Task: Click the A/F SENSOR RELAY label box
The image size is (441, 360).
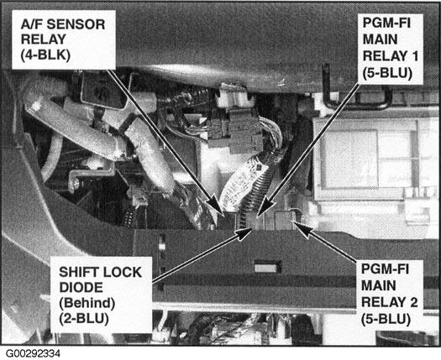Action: coord(64,40)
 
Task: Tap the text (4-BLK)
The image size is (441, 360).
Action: coord(45,55)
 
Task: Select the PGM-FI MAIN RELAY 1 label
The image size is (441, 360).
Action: coord(390,49)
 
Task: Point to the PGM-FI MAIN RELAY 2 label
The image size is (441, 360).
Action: coord(389,295)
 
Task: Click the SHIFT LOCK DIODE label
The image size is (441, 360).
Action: coord(102,295)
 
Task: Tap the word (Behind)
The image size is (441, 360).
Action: coord(87,303)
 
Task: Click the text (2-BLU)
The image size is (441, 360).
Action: coord(84,319)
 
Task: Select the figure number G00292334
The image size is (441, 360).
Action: coord(34,353)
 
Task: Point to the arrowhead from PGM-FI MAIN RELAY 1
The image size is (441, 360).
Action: coord(265,206)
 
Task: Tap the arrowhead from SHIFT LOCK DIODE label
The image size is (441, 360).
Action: coord(243,234)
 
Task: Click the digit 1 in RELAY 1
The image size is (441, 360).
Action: coord(414,55)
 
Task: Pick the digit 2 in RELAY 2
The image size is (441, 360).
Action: coord(413,302)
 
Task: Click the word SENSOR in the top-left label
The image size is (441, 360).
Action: coord(76,24)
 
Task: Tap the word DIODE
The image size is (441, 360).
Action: coord(81,288)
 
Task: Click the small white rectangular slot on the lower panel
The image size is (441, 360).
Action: coord(267,267)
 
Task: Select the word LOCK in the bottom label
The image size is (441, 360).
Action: coord(122,273)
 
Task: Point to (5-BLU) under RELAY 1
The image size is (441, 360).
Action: coord(387,73)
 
